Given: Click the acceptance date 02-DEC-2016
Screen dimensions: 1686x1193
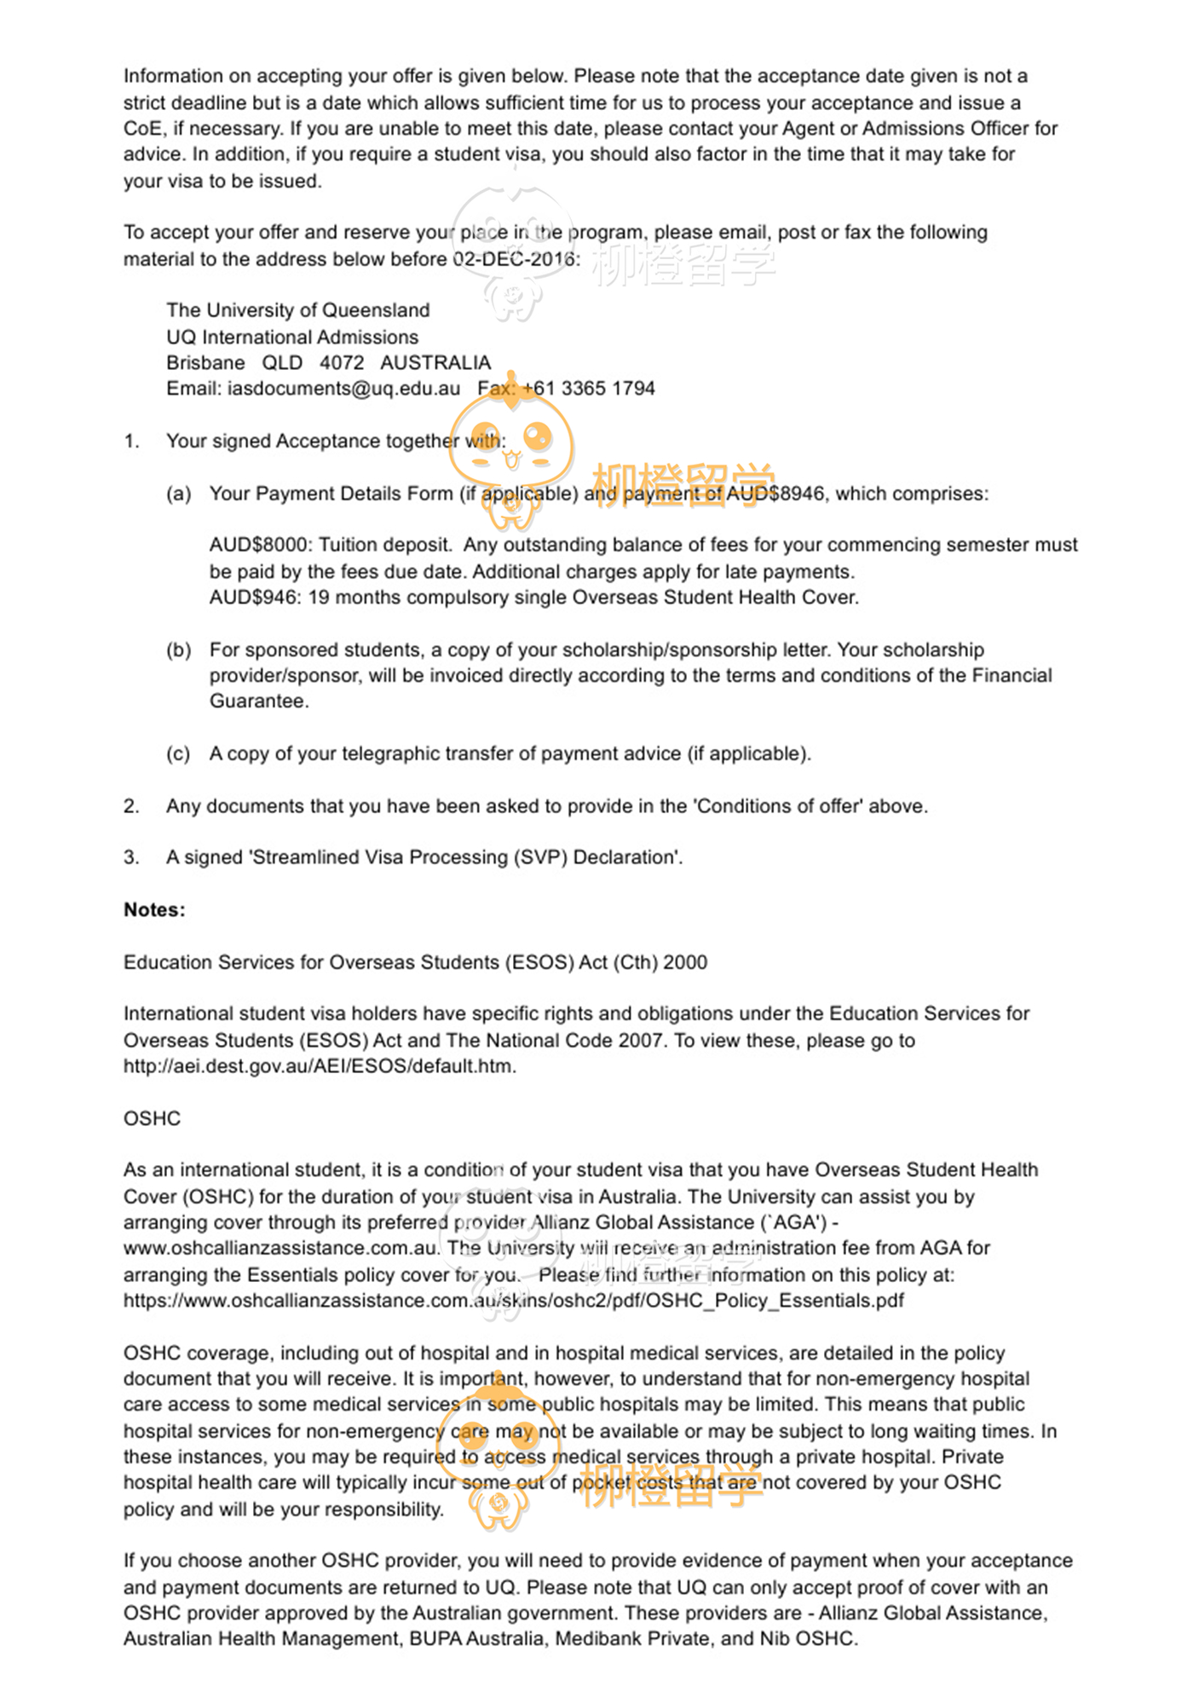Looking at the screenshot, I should coord(514,259).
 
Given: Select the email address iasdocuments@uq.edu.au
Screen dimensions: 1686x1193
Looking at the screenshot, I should coord(343,389).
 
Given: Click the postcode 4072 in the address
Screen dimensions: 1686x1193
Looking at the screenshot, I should coord(342,363).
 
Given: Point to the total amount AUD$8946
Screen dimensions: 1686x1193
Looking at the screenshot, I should coord(775,494).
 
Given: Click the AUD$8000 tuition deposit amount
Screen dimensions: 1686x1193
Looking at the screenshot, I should coord(258,545).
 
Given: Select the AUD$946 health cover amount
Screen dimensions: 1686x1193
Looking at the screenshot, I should coord(253,598).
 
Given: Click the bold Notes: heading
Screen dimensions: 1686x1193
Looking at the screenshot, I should coord(154,910).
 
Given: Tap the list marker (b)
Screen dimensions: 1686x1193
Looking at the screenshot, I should coord(178,650).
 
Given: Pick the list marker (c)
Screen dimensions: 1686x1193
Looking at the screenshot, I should coord(178,754).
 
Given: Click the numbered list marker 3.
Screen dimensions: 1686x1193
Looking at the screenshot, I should coord(131,857).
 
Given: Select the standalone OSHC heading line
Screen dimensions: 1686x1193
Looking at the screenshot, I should coord(152,1118).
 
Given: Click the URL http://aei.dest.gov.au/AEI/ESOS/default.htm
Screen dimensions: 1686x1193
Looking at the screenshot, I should coord(320,1066).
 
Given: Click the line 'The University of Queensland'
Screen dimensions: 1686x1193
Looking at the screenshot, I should coord(297,310).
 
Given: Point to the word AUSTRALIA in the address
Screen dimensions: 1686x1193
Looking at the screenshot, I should coord(435,363).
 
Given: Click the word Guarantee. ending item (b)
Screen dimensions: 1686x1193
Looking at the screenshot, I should coord(259,702).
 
